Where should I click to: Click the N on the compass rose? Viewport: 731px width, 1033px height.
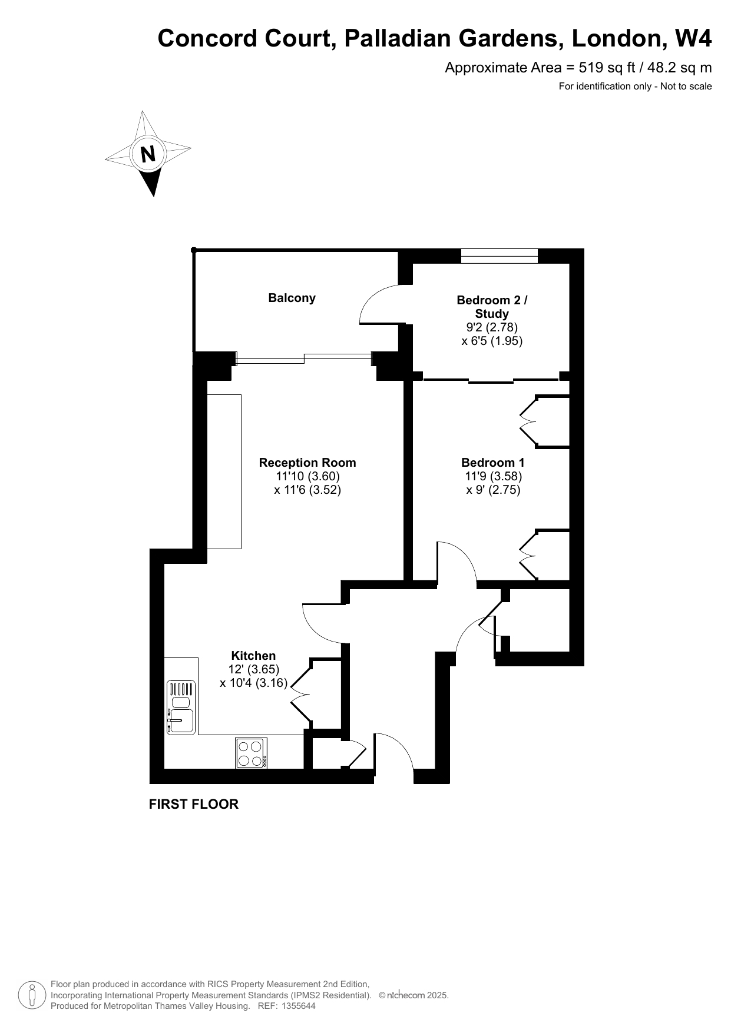pyautogui.click(x=148, y=154)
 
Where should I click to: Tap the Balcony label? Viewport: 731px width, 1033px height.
pyautogui.click(x=292, y=298)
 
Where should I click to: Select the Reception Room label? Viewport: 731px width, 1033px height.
pyautogui.click(x=307, y=463)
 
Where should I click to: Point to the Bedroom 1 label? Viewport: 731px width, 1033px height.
pyautogui.click(x=493, y=463)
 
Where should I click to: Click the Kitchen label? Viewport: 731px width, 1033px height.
pyautogui.click(x=253, y=656)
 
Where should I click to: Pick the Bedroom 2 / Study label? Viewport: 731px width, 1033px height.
pyautogui.click(x=492, y=307)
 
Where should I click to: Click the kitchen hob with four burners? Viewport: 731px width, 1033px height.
pyautogui.click(x=252, y=753)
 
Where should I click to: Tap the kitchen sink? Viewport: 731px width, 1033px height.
pyautogui.click(x=181, y=708)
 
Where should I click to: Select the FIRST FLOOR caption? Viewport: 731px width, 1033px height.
pyautogui.click(x=194, y=804)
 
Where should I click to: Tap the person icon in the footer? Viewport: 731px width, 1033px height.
pyautogui.click(x=33, y=995)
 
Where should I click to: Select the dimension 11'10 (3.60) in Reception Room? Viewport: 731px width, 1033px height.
pyautogui.click(x=308, y=476)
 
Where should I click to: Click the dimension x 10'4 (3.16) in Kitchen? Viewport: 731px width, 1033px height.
pyautogui.click(x=253, y=683)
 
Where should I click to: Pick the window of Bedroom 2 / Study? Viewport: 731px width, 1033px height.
pyautogui.click(x=500, y=256)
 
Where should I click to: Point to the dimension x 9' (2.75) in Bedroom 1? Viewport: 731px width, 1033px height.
pyautogui.click(x=493, y=490)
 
